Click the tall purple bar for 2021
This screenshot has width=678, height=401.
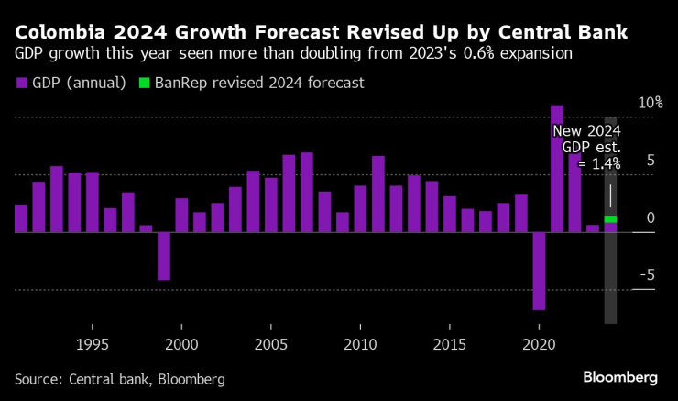click(x=556, y=169)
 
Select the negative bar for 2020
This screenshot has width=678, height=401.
click(x=539, y=271)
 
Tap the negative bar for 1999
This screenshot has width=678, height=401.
click(x=163, y=256)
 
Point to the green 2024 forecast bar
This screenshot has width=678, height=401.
click(x=610, y=219)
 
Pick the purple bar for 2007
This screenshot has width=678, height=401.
click(x=307, y=193)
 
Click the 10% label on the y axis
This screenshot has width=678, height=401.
click(x=650, y=103)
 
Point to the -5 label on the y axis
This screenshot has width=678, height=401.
click(x=648, y=275)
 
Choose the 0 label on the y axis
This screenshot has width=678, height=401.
click(x=650, y=218)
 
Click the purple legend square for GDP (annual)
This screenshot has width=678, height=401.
click(x=21, y=83)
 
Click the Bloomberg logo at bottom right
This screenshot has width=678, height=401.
click(x=620, y=377)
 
